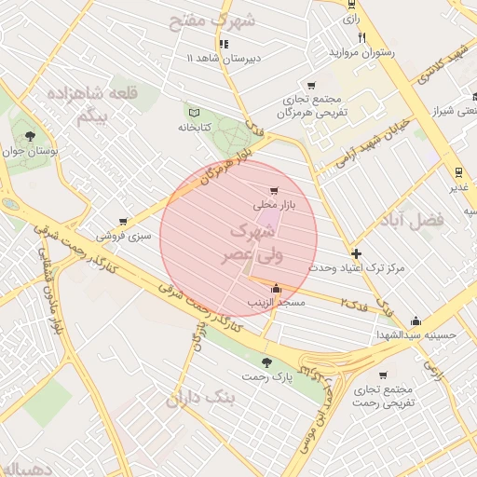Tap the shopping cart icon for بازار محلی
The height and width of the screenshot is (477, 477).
click(x=273, y=191)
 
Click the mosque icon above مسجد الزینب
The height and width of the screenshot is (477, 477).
click(x=275, y=289)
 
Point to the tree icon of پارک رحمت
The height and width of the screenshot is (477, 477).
click(x=267, y=362)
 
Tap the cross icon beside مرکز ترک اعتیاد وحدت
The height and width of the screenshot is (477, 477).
click(x=356, y=253)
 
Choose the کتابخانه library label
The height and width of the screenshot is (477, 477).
click(x=196, y=127)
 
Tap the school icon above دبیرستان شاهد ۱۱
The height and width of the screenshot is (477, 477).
click(x=223, y=44)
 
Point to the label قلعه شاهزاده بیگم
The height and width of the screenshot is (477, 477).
click(x=94, y=103)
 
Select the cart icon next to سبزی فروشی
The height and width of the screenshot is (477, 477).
click(x=122, y=222)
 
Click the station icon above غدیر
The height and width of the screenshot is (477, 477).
click(x=457, y=172)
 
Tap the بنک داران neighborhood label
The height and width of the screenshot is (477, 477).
click(x=201, y=399)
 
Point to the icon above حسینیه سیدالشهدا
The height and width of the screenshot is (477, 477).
click(x=416, y=320)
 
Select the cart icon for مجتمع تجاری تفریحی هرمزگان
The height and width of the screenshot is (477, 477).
click(x=311, y=86)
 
